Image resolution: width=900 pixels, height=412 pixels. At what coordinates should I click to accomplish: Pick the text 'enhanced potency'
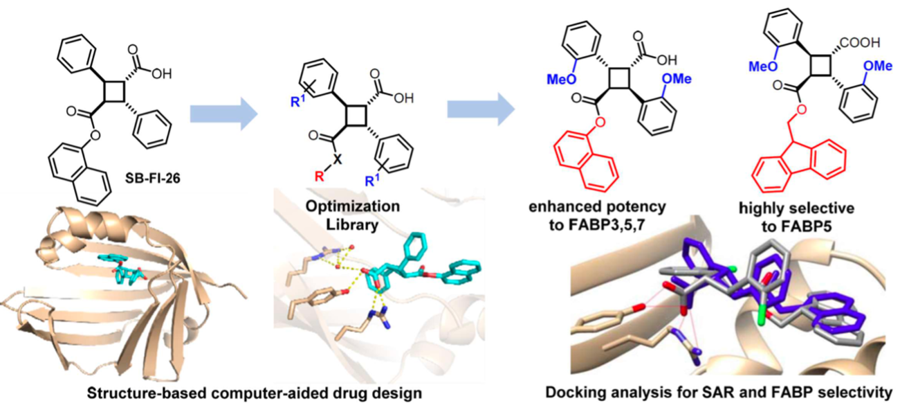588,207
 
